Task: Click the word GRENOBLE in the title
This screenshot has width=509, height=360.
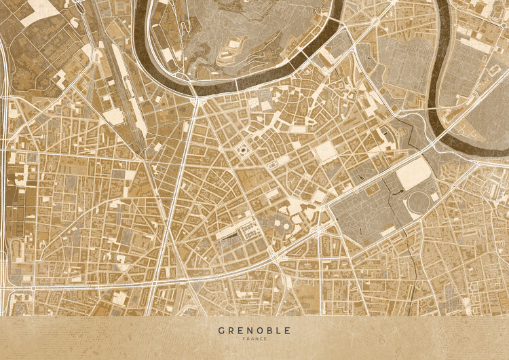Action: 254,331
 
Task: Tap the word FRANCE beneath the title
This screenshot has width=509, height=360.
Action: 254,339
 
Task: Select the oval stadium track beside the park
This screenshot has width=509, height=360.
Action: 421,202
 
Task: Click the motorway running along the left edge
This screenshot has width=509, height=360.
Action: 5,170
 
